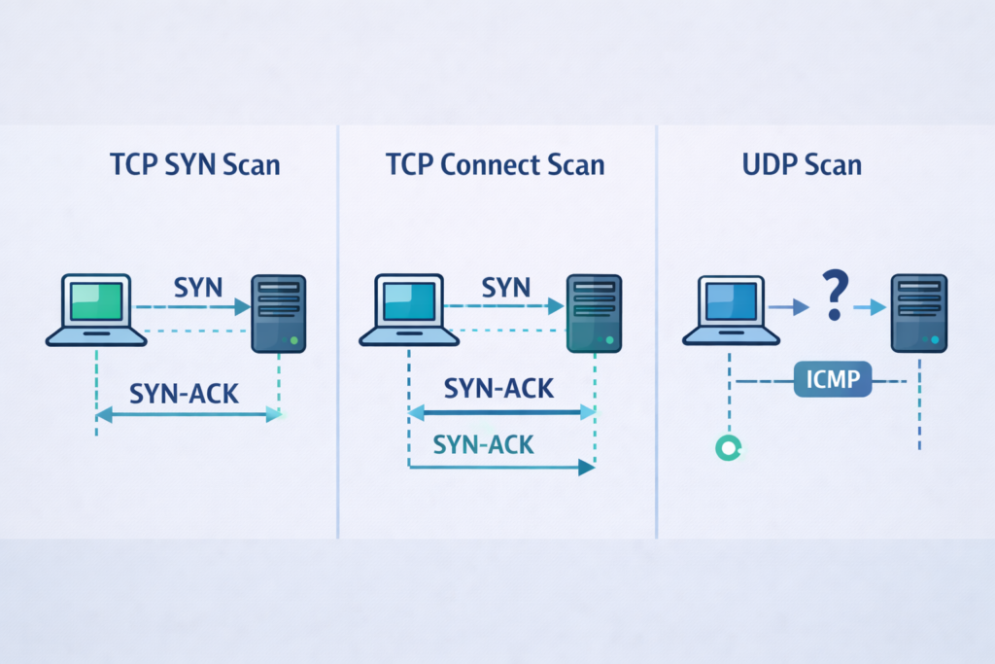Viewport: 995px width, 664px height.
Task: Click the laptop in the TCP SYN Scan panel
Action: tap(96, 310)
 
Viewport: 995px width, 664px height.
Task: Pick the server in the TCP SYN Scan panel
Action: tap(279, 313)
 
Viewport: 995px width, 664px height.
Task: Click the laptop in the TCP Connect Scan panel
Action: tap(409, 310)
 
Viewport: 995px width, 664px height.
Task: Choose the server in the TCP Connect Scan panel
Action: tap(593, 313)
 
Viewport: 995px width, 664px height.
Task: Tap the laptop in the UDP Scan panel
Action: tap(732, 310)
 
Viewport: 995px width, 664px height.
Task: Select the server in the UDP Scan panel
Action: tap(919, 313)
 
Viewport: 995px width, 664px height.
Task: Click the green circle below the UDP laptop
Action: tap(728, 447)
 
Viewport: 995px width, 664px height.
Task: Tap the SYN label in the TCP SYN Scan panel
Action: tap(198, 288)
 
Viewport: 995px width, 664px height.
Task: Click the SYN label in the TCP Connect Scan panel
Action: tap(505, 288)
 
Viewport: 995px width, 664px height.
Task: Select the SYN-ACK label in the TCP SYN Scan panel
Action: tap(184, 394)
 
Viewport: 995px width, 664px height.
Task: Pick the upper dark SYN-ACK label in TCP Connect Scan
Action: tap(498, 388)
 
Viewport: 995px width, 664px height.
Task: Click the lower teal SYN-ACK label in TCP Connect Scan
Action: tap(483, 444)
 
